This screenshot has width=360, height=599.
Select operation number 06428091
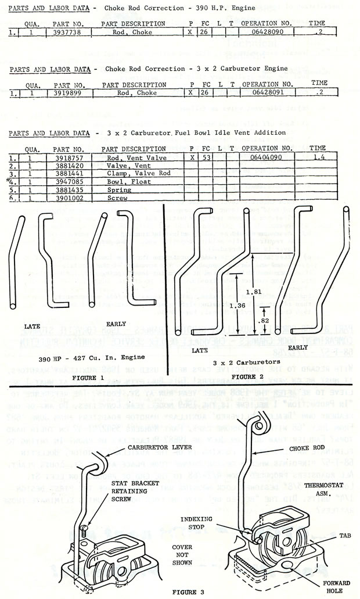[267, 92]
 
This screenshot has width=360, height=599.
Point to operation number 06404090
[267, 157]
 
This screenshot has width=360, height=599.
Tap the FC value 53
[205, 157]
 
